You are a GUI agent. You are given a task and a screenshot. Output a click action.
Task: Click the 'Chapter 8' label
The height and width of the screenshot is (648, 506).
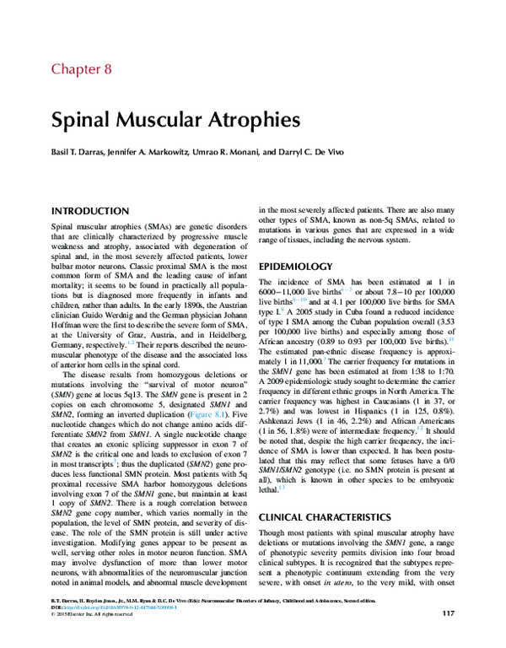(81, 69)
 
